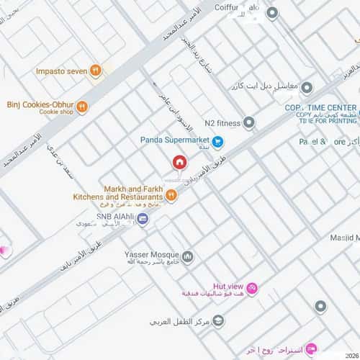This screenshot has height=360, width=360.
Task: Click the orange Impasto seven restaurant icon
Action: (x=96, y=71)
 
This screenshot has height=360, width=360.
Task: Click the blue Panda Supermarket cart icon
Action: (x=218, y=142)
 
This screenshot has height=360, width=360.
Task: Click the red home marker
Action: (x=179, y=163)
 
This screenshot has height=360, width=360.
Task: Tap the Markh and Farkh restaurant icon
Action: (x=171, y=194)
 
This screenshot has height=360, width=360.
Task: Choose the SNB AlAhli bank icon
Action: (x=143, y=219)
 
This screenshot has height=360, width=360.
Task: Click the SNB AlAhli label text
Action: (x=115, y=215)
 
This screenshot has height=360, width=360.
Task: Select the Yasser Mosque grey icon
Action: (x=188, y=256)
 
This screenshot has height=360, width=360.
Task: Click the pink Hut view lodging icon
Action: (x=252, y=289)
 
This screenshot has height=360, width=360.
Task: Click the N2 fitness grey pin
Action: (x=249, y=123)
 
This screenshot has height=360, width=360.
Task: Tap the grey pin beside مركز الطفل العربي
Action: (x=219, y=320)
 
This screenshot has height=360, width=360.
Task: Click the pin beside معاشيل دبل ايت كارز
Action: (x=307, y=88)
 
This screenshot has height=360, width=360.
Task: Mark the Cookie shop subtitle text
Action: (x=56, y=112)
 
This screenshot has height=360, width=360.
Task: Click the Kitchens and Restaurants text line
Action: (x=118, y=197)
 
